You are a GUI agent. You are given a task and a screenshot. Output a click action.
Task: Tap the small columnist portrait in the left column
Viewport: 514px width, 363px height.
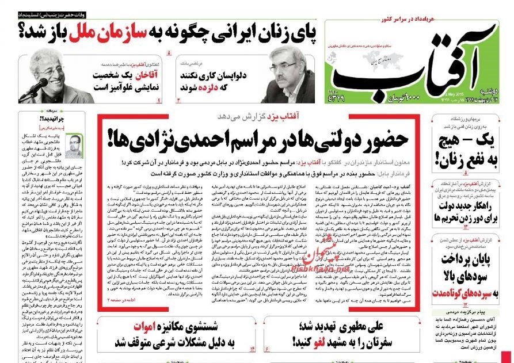pyautogui.click(x=73, y=147)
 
